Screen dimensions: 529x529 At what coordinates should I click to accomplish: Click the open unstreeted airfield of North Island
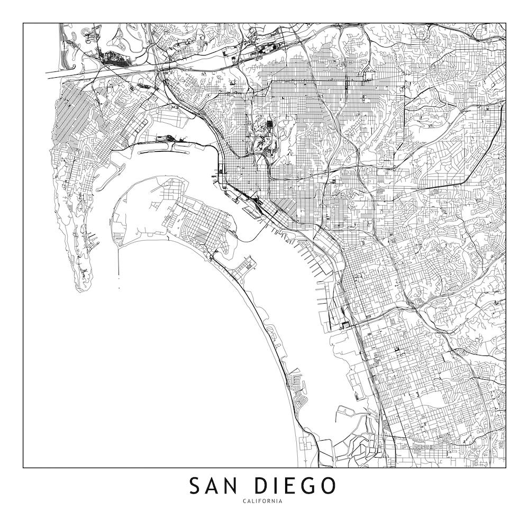[x=143, y=212]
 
